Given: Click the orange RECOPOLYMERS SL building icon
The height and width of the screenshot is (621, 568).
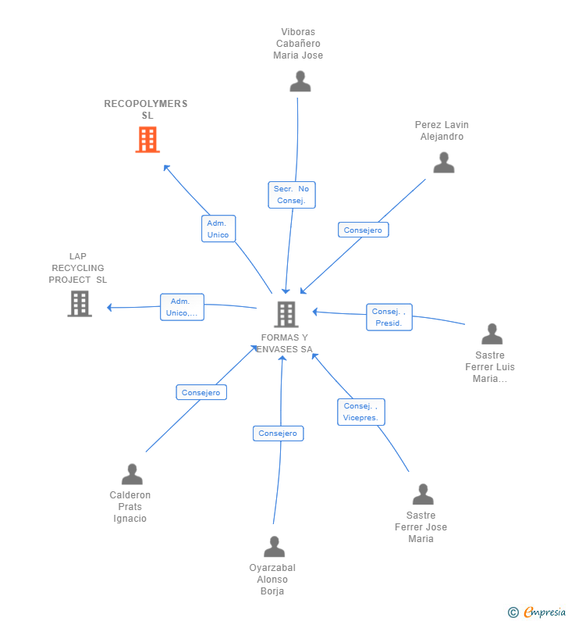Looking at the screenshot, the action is coord(147,139).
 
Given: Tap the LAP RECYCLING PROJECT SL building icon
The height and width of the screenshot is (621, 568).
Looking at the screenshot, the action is coord(80,304).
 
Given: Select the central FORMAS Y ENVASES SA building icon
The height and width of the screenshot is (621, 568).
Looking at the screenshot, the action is coord(286,315).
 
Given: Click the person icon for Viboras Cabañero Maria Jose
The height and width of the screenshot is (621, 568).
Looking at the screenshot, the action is coord(300,81).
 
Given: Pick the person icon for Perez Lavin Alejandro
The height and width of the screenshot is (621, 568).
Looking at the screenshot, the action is coord(444,162).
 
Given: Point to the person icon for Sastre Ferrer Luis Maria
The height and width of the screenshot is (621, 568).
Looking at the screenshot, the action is coord(492,334).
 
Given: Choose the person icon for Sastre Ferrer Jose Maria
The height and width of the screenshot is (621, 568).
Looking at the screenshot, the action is coord(423,494).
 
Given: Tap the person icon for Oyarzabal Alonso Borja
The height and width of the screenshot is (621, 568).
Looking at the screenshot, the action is coord(274,547).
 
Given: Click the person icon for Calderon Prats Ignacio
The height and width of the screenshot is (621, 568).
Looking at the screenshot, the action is coord(132,474).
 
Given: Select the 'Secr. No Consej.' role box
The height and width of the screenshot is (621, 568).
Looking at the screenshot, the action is coord(292,195).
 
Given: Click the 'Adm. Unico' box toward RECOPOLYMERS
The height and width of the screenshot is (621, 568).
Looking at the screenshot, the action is coord(218,229).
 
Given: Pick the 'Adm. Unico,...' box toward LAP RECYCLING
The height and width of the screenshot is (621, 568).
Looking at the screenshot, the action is coord(182,307).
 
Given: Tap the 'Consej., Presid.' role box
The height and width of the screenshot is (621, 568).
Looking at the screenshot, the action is coord(389,317).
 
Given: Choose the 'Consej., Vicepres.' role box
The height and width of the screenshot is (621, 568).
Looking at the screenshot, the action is coord(361,412).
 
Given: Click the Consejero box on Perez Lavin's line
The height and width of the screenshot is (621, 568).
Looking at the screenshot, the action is coord(364,230).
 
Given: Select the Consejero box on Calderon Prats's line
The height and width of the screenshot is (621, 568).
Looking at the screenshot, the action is coord(201,392).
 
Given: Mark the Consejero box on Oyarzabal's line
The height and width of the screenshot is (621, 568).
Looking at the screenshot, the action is coord(278,434).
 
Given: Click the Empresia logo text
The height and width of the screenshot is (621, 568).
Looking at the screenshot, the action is coord(545,612).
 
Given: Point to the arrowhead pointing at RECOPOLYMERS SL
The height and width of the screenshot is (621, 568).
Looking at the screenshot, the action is coord(166,168).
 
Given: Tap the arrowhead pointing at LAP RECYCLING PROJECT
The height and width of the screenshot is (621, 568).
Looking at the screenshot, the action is coord(109,307).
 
